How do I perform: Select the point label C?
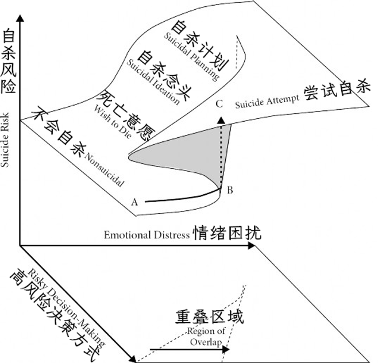click(219, 104)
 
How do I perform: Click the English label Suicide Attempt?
click(268, 102)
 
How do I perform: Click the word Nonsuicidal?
click(105, 169)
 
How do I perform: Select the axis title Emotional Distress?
click(146, 235)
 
